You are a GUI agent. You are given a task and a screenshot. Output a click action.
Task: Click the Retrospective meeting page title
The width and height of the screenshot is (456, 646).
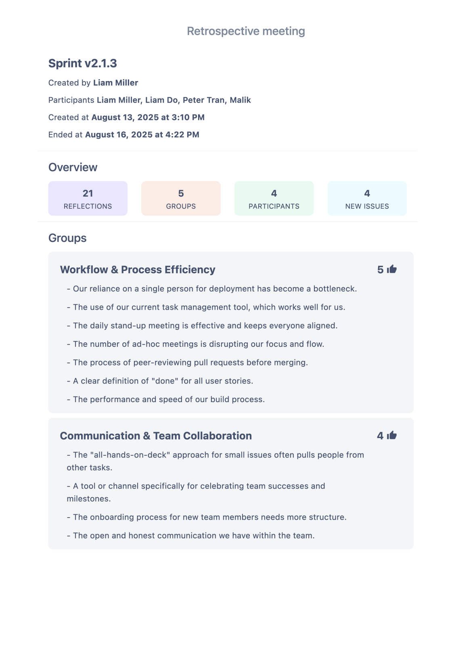point(246,31)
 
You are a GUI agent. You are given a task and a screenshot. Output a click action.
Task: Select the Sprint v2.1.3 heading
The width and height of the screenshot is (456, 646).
point(83,63)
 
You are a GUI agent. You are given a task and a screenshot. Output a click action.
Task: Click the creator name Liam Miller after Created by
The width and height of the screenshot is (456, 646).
point(115,83)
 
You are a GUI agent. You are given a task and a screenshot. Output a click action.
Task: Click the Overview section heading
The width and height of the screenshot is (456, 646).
point(73,167)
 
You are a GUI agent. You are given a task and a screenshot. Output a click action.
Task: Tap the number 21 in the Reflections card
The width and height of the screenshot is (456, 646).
point(88,193)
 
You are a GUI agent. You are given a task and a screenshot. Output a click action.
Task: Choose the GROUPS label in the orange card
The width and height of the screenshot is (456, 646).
point(181,206)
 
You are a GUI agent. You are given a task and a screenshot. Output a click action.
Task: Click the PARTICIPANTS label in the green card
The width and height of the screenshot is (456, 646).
point(274,206)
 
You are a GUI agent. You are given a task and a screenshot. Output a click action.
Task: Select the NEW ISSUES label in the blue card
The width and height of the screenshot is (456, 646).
point(367,206)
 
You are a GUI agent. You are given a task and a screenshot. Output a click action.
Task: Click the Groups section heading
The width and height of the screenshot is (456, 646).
point(67,238)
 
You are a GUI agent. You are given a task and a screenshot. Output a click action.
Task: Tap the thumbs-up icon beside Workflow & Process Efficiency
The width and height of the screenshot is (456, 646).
point(392,269)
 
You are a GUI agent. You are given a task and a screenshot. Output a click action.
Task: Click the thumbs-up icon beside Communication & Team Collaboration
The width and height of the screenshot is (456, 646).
point(392,435)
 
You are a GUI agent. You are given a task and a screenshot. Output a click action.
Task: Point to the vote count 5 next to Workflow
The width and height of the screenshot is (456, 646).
point(380,270)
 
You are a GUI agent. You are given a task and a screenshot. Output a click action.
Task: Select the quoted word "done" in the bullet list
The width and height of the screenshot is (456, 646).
point(165,381)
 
